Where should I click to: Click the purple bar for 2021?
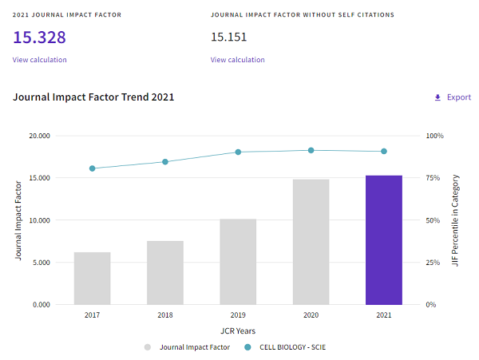click(384, 239)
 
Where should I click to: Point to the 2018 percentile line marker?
click(165, 162)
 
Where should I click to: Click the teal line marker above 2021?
click(384, 151)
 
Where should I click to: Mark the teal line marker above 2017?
click(93, 168)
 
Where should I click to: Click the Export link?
click(453, 97)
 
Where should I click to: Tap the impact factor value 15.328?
click(39, 38)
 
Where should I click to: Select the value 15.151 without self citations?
click(229, 37)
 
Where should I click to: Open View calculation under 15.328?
click(40, 60)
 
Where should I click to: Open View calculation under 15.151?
click(238, 60)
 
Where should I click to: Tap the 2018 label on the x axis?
click(165, 315)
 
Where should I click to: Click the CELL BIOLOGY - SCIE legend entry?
click(297, 347)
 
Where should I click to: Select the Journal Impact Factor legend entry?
click(195, 347)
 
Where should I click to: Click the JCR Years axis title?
click(238, 330)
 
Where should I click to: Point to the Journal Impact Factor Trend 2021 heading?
click(93, 97)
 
